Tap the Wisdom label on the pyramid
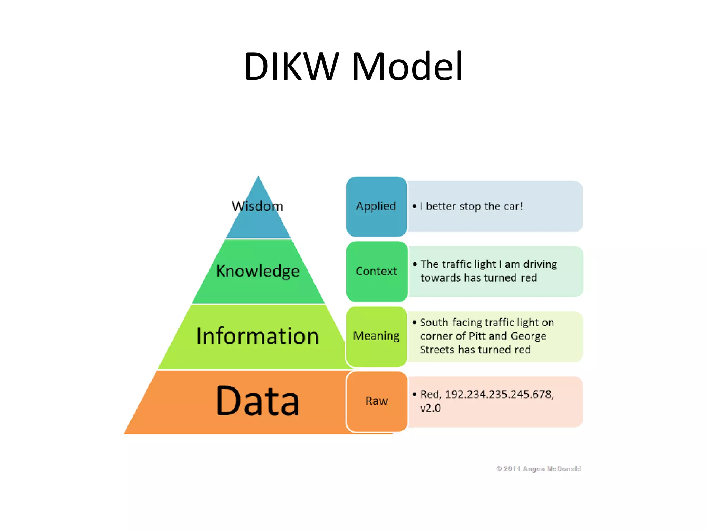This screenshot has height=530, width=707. click(x=258, y=206)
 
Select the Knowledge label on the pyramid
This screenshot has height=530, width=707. click(x=258, y=271)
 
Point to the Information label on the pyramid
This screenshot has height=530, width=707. click(x=258, y=336)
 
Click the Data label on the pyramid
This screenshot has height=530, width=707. click(x=258, y=401)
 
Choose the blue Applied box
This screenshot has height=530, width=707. click(x=376, y=206)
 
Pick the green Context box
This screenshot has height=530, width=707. click(x=376, y=271)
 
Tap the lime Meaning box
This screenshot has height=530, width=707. click(x=376, y=336)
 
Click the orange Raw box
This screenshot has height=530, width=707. click(x=376, y=401)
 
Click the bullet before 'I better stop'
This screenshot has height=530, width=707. click(x=414, y=207)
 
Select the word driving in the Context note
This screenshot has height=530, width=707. click(x=540, y=264)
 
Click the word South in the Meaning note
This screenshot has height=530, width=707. click(x=434, y=323)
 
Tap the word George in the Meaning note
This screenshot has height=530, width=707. click(x=528, y=336)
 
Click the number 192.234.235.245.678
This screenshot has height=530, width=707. click(x=499, y=394)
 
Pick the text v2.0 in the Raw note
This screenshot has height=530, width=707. click(x=430, y=408)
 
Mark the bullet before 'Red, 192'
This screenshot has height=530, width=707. click(x=414, y=394)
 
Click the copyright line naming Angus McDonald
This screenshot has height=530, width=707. click(x=539, y=469)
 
